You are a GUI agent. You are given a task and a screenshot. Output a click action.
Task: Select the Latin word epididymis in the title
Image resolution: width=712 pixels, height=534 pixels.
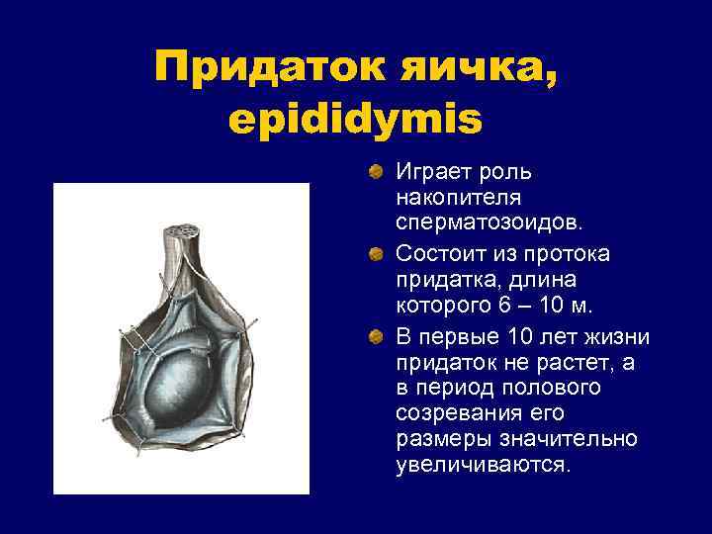[355, 120]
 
